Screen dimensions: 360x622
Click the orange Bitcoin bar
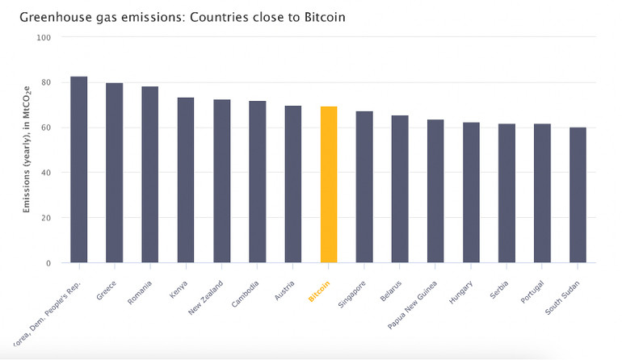[x=329, y=185]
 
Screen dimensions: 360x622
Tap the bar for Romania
[x=150, y=174]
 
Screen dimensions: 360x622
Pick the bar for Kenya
[x=186, y=180]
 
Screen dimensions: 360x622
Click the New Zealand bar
[x=221, y=181]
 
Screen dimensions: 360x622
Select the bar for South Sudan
[x=578, y=195]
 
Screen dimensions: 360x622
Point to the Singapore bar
[x=364, y=187]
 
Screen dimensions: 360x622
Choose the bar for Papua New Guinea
[x=435, y=191]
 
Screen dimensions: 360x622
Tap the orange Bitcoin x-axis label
[x=320, y=291]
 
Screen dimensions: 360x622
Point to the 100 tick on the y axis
[x=43, y=37]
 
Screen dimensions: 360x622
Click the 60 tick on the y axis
[x=45, y=128]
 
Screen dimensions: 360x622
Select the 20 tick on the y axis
[x=45, y=218]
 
